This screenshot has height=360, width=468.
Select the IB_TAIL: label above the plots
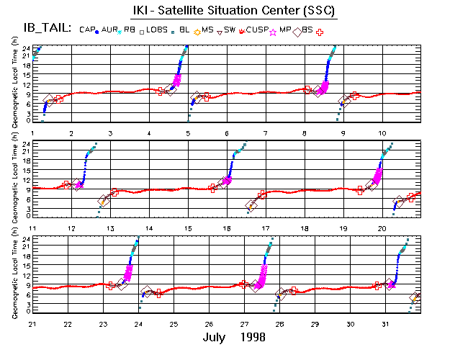coord(42,29)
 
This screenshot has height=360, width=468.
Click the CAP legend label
coord(87,30)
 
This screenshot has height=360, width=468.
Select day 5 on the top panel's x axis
coord(188,134)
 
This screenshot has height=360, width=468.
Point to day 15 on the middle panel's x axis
coord(188,228)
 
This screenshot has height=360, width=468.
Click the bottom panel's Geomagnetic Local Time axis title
coord(14,274)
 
